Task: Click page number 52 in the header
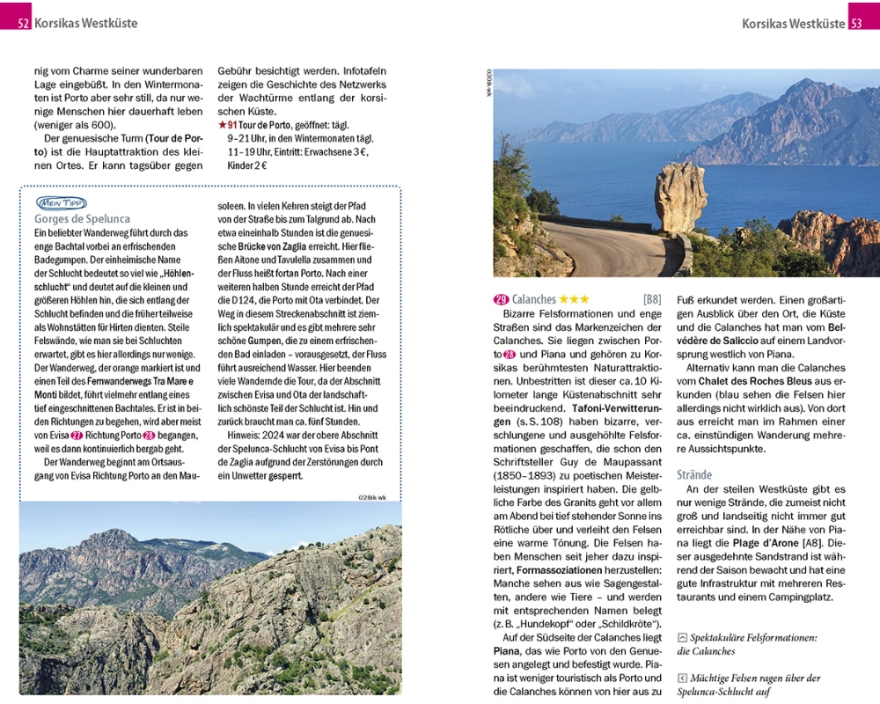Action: click(x=24, y=24)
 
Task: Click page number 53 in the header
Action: click(x=856, y=24)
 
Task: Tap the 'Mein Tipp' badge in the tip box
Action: click(x=61, y=202)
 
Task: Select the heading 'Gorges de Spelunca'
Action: click(x=82, y=219)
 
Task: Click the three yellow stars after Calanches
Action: click(x=575, y=299)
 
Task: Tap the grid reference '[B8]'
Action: click(x=652, y=299)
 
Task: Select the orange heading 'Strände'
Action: click(x=694, y=474)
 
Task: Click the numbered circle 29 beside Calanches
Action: click(x=501, y=299)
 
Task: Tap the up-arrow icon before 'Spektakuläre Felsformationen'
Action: click(x=682, y=637)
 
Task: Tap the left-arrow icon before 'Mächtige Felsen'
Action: click(x=682, y=678)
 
